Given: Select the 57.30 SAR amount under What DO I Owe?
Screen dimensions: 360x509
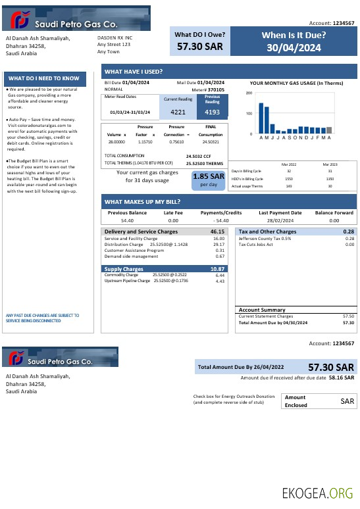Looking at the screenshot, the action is pos(200,47).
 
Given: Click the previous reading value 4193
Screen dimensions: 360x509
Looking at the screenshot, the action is pos(212,112).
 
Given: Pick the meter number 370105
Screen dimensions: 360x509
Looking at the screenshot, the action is pos(217,89).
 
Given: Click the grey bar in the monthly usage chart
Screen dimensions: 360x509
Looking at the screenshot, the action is pos(329,130).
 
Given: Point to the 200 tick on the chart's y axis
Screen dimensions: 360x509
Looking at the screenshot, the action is pos(249,93).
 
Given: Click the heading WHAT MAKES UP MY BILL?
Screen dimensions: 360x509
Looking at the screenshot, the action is pos(142,202).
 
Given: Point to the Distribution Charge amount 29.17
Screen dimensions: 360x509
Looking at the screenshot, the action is pos(219,245).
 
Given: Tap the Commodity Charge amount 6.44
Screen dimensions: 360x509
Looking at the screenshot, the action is pos(220,275).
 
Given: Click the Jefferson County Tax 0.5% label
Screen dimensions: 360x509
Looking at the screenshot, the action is pos(265,239).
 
